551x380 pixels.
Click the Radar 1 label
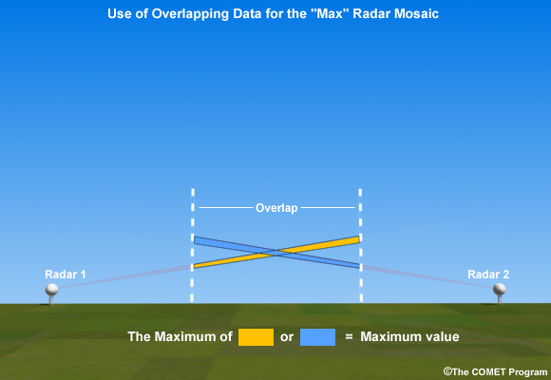click(66, 275)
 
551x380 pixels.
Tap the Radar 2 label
click(488, 275)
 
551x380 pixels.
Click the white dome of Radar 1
click(51, 290)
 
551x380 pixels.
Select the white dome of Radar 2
click(499, 290)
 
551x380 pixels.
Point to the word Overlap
click(276, 208)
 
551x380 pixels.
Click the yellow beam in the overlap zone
click(276, 252)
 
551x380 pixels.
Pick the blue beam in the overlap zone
click(276, 253)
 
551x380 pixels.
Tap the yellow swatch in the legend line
click(256, 337)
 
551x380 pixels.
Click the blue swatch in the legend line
click(317, 337)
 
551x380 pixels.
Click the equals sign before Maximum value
click(349, 336)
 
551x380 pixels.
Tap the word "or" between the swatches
click(287, 337)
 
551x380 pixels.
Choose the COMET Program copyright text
click(496, 371)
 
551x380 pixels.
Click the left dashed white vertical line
click(192, 245)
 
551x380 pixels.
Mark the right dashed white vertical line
click(361, 245)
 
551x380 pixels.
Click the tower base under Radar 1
click(51, 300)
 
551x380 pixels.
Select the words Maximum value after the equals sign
click(409, 336)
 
